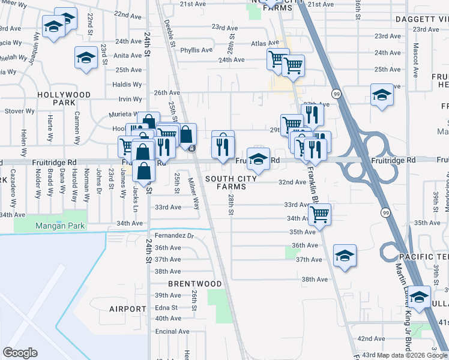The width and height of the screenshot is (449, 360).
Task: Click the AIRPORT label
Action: pos(128,308)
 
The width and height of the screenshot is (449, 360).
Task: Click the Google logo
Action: pos(20,353)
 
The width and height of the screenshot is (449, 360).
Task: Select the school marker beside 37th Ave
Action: pos(345,255)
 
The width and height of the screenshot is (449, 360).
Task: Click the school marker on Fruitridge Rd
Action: pos(258,158)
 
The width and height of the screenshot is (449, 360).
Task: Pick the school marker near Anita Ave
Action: pos(86,58)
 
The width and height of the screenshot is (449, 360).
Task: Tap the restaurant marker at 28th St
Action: pos(222,145)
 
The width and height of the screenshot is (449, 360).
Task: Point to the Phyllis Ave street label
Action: pos(196,50)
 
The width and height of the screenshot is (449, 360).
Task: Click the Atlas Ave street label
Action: pos(265,44)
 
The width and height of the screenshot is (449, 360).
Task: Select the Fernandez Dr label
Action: pos(174,235)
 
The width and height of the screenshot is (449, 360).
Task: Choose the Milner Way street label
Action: pos(194,193)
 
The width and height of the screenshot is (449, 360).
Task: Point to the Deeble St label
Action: pos(169,31)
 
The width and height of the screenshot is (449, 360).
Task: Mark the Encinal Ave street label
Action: pos(172,331)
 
